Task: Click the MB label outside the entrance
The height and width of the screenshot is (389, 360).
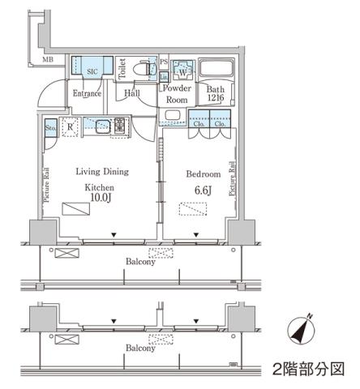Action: pos(48,59)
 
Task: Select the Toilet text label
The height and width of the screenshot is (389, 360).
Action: pos(121,69)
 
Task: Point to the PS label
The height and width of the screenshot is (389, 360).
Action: pos(163,62)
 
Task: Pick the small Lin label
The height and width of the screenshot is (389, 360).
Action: pos(163,76)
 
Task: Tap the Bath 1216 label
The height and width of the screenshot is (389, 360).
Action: pos(215,93)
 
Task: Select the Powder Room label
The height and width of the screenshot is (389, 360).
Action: pos(176,93)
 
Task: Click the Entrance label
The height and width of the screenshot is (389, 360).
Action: pos(87,93)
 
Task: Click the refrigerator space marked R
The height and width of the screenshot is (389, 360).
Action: pos(71,126)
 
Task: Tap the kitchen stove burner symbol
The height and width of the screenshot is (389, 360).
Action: pos(118,126)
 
